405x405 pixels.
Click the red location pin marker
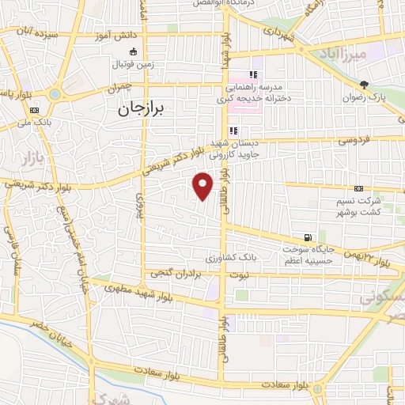pos(203,185)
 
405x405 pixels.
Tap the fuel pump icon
pos(307,237)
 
